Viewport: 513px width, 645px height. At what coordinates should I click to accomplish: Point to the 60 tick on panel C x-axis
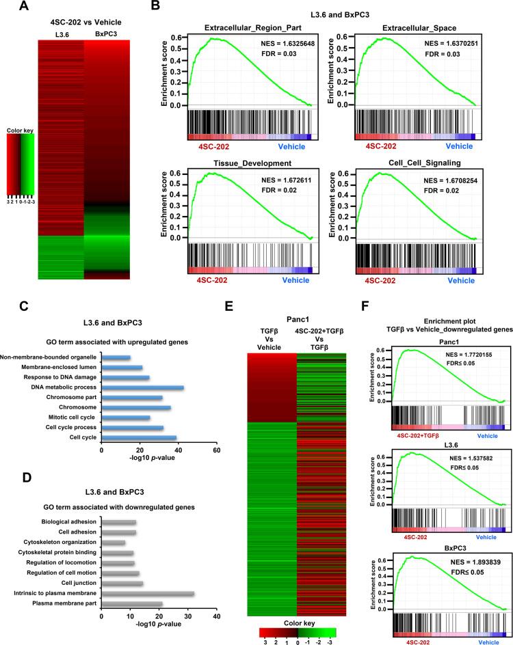(216, 450)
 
